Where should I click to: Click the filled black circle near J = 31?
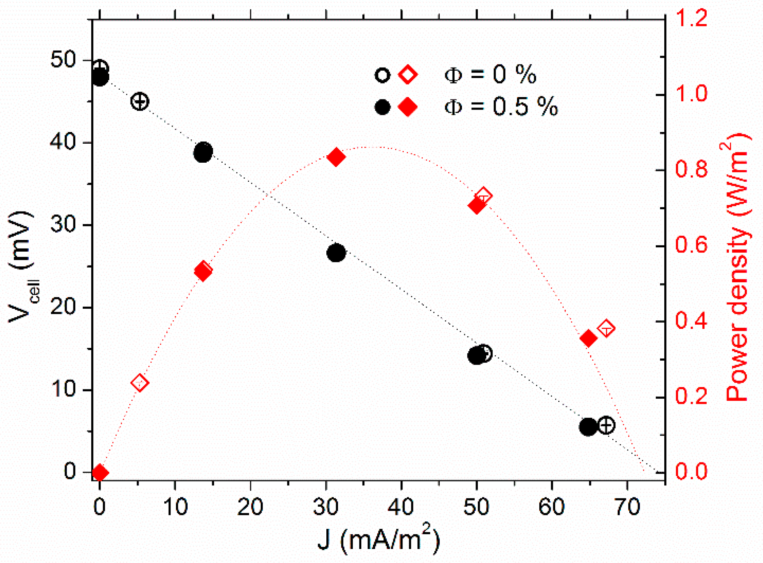336,253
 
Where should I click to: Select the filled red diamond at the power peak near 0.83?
336,157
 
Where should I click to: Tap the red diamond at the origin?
100,473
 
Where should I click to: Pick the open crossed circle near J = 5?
140,102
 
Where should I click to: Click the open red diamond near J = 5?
140,383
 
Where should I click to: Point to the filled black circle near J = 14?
203,152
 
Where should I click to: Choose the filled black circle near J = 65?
588,427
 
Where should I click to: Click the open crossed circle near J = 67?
606,425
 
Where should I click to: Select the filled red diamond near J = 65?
588,339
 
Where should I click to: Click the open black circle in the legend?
382,75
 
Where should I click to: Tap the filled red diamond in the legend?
408,107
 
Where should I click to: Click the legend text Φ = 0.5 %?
501,107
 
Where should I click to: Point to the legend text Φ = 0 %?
490,74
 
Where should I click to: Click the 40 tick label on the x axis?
401,507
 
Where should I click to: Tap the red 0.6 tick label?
692,245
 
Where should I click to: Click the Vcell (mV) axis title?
21,268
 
